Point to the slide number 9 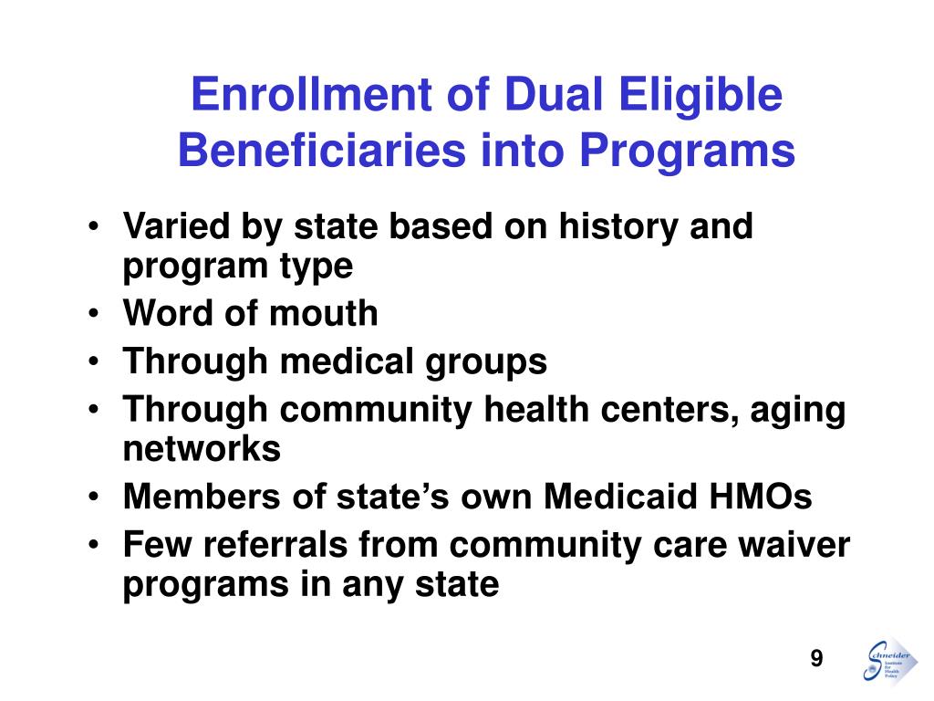pyautogui.click(x=816, y=660)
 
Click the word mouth pyautogui.click(x=324, y=313)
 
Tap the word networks pyautogui.click(x=202, y=448)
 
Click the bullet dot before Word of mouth pyautogui.click(x=97, y=314)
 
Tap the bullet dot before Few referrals pyautogui.click(x=97, y=546)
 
